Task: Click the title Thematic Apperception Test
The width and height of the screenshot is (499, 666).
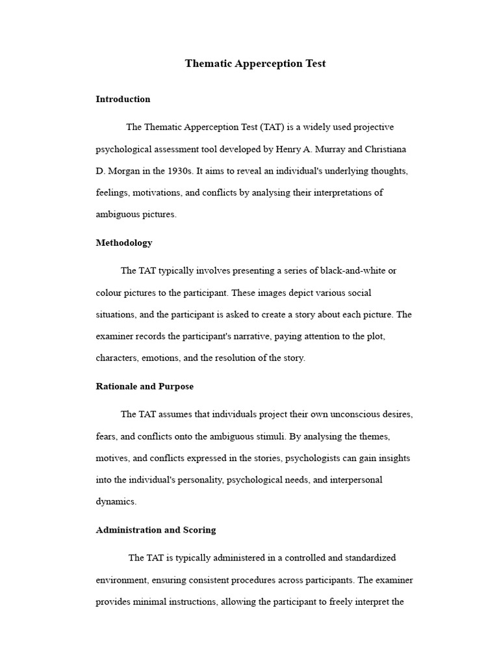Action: [x=255, y=64]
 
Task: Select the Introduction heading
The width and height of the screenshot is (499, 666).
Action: [x=123, y=100]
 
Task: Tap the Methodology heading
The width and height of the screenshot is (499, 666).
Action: [x=124, y=243]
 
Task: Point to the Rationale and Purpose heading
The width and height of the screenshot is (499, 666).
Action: [x=144, y=386]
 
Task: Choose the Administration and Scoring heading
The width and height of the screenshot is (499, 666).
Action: [x=156, y=530]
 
